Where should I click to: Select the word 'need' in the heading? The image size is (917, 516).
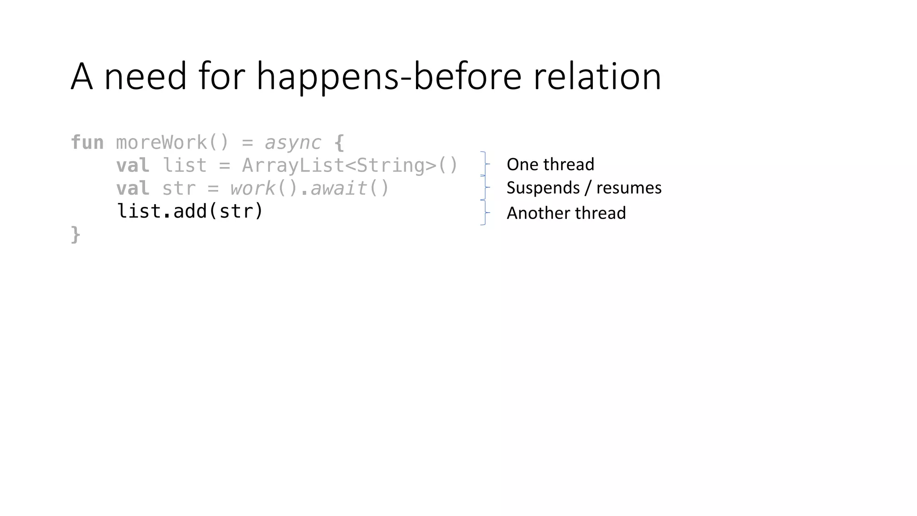click(x=145, y=76)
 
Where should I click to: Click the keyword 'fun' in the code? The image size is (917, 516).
click(x=87, y=142)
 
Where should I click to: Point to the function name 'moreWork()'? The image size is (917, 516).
click(x=172, y=142)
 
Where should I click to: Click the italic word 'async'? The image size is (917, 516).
click(x=293, y=143)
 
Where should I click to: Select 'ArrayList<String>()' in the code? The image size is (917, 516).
click(x=350, y=165)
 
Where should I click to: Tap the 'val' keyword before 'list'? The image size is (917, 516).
click(x=133, y=165)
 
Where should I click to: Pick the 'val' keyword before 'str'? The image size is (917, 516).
click(x=133, y=188)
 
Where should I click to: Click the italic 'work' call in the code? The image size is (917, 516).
click(x=253, y=188)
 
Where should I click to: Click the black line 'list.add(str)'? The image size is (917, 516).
click(x=190, y=211)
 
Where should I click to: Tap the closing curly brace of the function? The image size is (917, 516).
click(x=76, y=234)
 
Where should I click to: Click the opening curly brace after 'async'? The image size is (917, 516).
click(x=339, y=143)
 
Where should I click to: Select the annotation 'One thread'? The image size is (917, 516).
click(x=550, y=164)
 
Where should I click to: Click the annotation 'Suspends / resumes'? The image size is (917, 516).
click(x=584, y=188)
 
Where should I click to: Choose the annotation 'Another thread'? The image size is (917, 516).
click(x=566, y=213)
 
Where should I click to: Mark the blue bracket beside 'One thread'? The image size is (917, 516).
click(x=484, y=164)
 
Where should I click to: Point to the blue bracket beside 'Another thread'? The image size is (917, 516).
click(x=484, y=212)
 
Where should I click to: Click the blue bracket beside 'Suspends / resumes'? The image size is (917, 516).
click(x=484, y=187)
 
